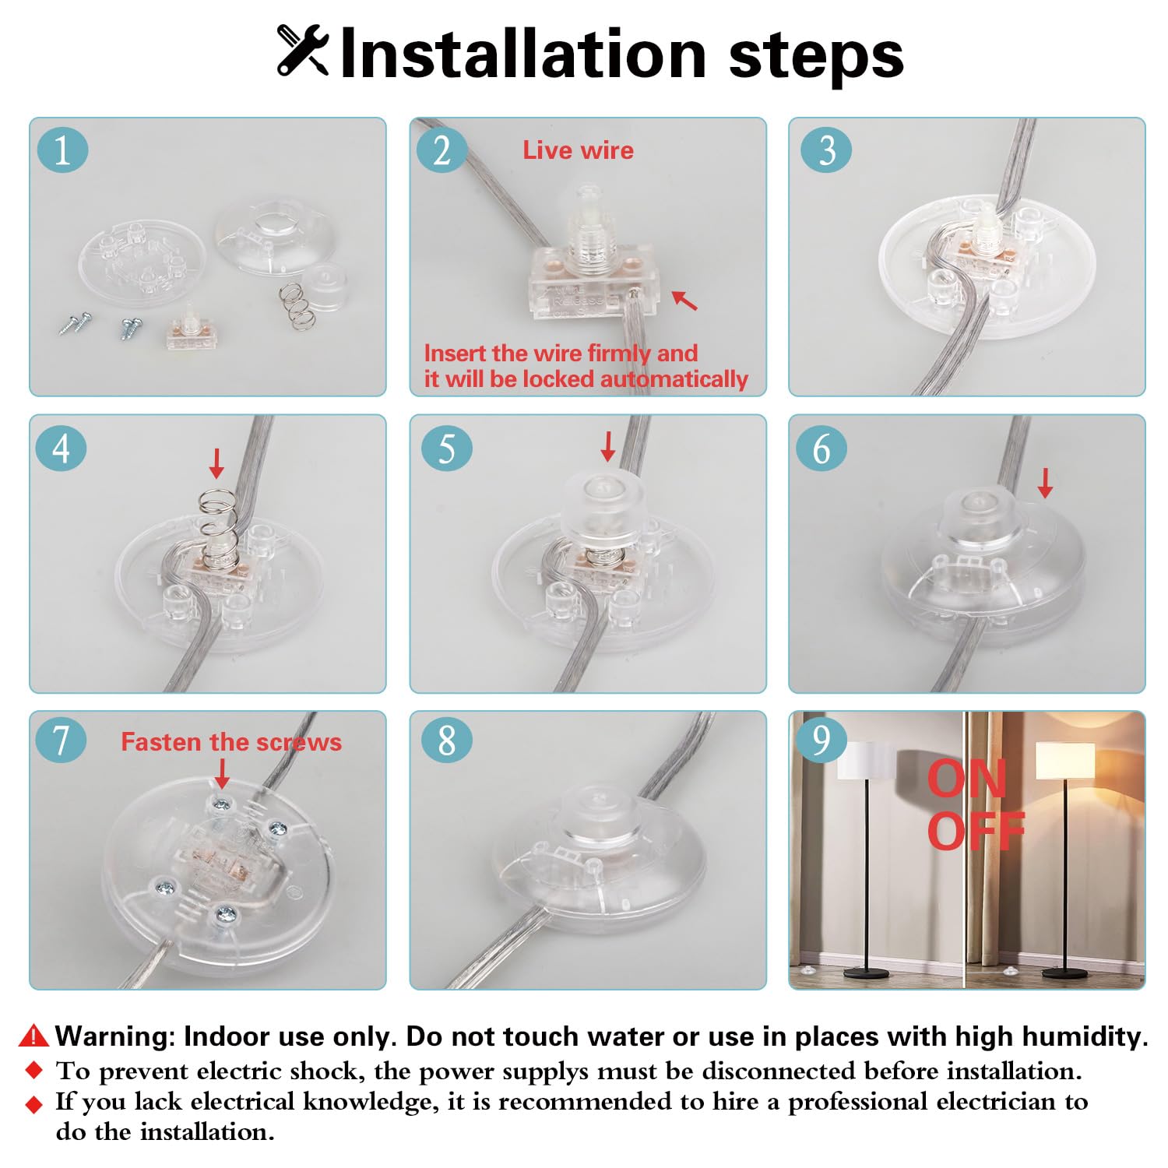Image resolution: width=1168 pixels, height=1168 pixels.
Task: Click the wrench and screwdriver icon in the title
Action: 303,51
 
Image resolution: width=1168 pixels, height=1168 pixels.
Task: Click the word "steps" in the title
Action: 815,56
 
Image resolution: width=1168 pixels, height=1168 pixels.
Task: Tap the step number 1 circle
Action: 62,150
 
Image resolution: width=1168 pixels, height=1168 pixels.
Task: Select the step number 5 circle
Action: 446,449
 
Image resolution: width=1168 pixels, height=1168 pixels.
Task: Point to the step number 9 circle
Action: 821,739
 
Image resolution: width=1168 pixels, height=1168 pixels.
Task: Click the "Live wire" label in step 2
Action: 578,150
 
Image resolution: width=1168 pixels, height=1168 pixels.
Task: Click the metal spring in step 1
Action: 296,305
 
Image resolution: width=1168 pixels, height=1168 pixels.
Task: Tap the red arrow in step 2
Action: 684,300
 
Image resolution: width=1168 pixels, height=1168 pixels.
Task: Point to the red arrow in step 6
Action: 1045,483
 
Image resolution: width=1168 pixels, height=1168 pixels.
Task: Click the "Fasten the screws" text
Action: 231,742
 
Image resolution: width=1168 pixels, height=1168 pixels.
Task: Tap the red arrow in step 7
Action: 222,773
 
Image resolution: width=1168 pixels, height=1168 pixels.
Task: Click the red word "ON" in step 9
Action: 967,779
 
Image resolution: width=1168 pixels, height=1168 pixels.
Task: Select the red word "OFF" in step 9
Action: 976,831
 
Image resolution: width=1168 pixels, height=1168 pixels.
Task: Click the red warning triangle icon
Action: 33,1036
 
